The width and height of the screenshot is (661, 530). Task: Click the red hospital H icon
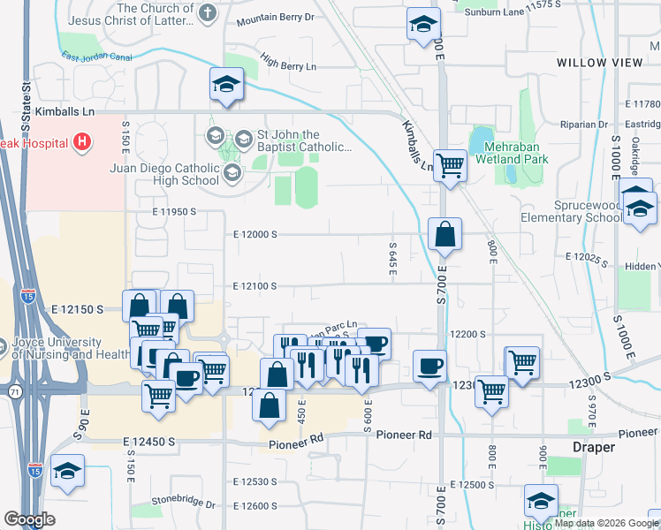pyautogui.click(x=82, y=140)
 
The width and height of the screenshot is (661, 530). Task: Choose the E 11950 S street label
pyautogui.click(x=161, y=212)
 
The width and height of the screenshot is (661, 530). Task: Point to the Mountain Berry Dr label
pyautogui.click(x=275, y=17)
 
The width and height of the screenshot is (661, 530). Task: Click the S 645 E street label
pyautogui.click(x=392, y=256)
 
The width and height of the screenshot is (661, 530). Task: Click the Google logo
pyautogui.click(x=29, y=519)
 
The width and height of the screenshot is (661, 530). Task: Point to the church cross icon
pyautogui.click(x=207, y=12)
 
